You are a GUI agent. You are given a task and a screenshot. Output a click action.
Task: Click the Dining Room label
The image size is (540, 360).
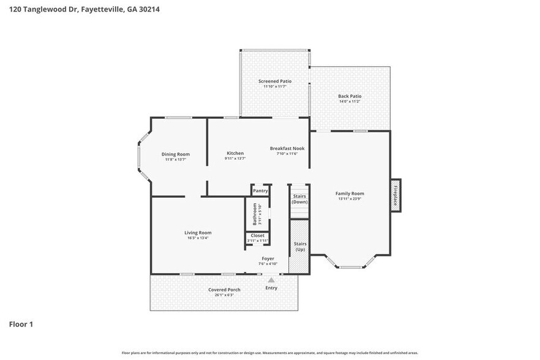pyautogui.click(x=175, y=154)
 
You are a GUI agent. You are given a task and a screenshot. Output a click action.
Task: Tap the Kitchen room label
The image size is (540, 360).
pyautogui.click(x=235, y=153)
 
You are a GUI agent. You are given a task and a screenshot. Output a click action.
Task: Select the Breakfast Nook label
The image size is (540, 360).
pyautogui.click(x=287, y=148)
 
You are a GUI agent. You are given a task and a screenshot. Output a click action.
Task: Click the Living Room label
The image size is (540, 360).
pyautogui.click(x=198, y=233)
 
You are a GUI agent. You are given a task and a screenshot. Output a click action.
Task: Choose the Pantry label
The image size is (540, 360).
pyautogui.click(x=260, y=191)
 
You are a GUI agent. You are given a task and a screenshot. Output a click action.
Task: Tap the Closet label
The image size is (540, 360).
pyautogui.click(x=257, y=236)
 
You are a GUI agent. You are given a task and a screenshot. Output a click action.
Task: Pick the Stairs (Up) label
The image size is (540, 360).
pyautogui.click(x=300, y=247)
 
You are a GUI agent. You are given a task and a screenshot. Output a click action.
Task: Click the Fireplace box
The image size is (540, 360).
pyautogui.click(x=396, y=195)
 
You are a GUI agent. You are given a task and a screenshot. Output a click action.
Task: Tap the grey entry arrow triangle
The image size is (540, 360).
pyautogui.click(x=271, y=280)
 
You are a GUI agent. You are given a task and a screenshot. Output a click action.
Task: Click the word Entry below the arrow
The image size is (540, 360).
pyautogui.click(x=271, y=288)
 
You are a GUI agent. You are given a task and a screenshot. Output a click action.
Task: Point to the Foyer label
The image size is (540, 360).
pyautogui.click(x=268, y=259)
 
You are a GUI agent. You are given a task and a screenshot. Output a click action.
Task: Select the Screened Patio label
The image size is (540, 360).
pyautogui.click(x=275, y=81)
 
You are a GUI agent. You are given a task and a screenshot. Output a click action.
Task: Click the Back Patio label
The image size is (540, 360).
pyautogui.click(x=350, y=96)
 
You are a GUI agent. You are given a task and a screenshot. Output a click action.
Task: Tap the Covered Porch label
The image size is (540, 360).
pyautogui.click(x=224, y=290)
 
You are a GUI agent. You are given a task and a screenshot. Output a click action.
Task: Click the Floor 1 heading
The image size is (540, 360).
pyautogui.click(x=21, y=324)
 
